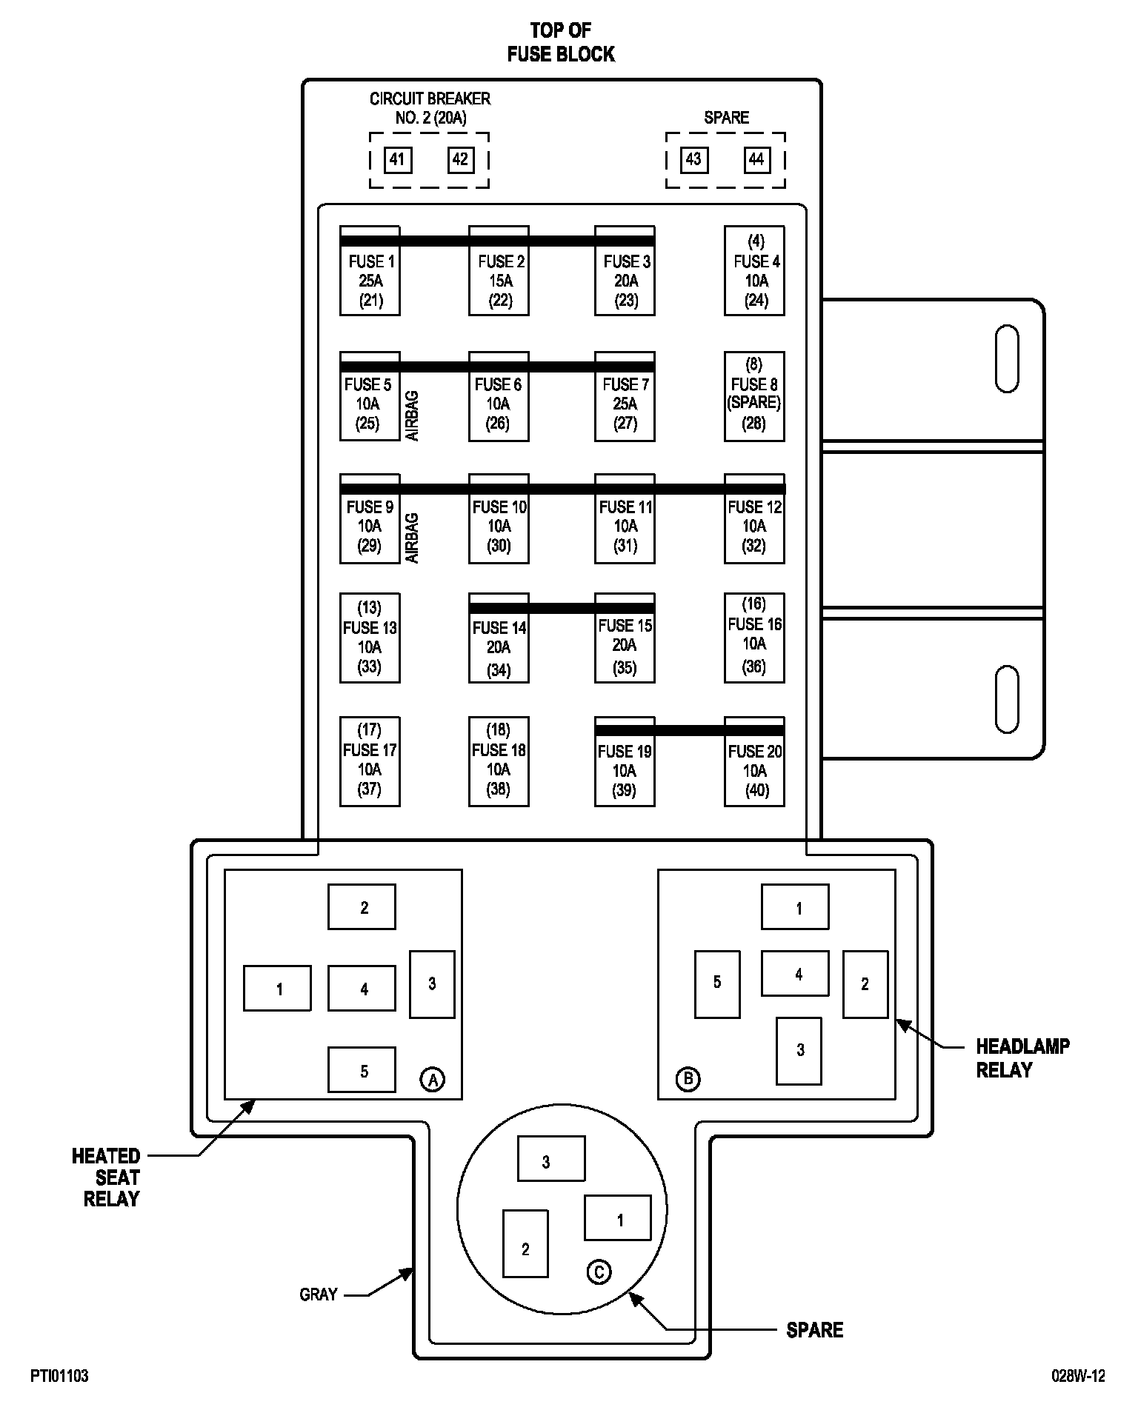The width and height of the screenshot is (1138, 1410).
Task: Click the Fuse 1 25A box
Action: (x=370, y=271)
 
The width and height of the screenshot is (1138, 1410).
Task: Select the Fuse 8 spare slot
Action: (x=754, y=396)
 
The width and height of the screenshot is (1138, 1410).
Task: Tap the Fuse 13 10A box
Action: (x=370, y=638)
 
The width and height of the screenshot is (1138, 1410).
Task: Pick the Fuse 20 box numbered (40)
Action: (x=754, y=761)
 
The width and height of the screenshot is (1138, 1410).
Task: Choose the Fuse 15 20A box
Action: (x=625, y=638)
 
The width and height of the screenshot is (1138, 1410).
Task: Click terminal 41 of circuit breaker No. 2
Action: (x=397, y=159)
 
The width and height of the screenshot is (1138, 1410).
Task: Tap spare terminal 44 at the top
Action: (x=756, y=159)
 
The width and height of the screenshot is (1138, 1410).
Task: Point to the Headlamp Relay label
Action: (x=1022, y=1057)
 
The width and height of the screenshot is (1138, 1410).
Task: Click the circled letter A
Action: (x=433, y=1079)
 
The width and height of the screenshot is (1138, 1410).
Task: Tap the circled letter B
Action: (x=688, y=1079)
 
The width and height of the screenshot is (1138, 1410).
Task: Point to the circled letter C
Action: (x=599, y=1272)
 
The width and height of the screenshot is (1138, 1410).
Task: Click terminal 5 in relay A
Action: (x=362, y=1069)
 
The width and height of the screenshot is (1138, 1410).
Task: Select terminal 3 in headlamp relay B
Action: (x=799, y=1050)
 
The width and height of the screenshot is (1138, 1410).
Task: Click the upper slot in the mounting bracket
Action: (x=1007, y=358)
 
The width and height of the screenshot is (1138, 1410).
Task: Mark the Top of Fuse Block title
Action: (x=561, y=42)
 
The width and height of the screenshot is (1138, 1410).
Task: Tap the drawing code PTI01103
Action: (x=59, y=1376)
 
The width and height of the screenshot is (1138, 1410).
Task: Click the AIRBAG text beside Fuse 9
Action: (x=413, y=538)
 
